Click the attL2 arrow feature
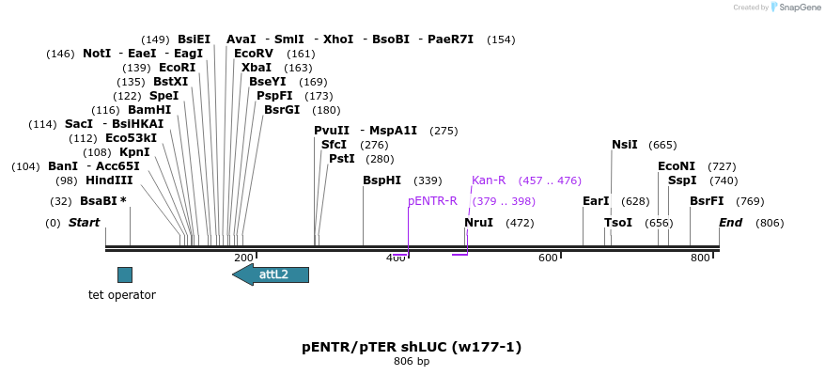pos(271,274)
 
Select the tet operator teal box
pos(124,274)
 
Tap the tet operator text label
pos(122,295)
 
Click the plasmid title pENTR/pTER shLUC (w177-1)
pos(412,347)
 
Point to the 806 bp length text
pos(412,361)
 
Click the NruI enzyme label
pos(478,223)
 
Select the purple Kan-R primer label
pos(489,180)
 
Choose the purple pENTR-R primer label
pos(432,201)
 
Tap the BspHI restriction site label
pos(381,180)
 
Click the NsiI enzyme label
pos(624,145)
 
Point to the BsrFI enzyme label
pos(707,201)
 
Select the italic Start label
pos(84,223)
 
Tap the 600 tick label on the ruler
pos(548,258)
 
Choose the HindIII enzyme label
pos(109,180)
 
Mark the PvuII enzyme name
pos(332,131)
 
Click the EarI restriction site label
pos(596,201)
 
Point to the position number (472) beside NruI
pos(520,223)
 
